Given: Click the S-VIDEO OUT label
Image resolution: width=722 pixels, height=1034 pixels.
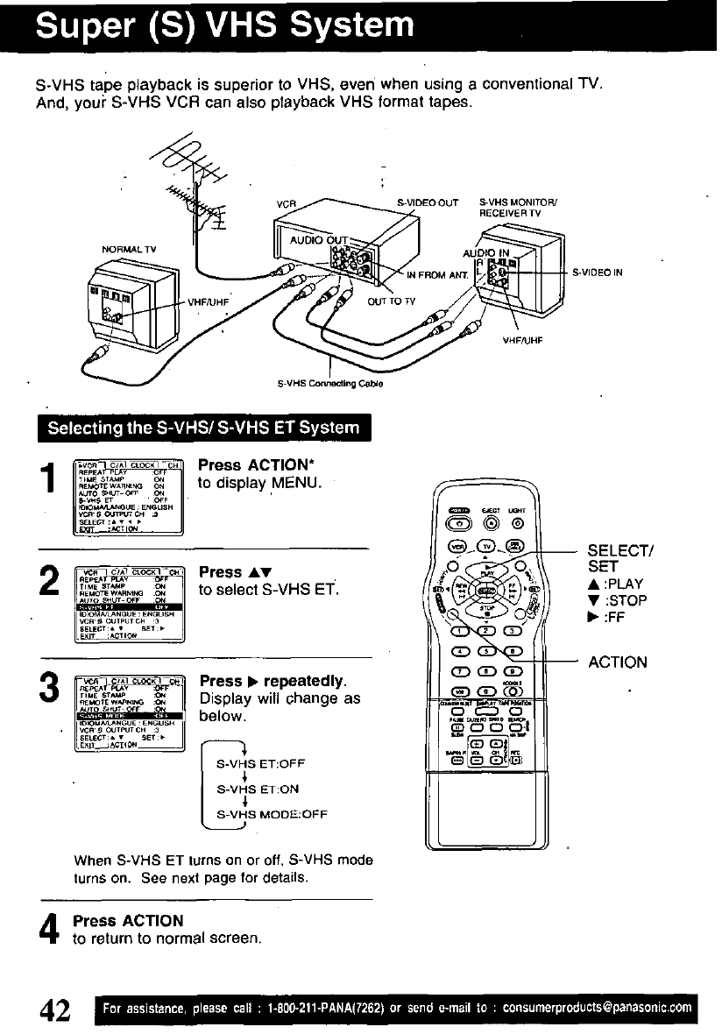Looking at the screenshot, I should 428,203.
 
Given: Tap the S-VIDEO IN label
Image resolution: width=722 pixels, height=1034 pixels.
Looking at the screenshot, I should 597,273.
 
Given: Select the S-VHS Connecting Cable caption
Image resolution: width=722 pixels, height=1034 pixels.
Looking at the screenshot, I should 330,382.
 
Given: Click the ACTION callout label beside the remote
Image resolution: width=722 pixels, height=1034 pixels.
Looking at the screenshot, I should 617,662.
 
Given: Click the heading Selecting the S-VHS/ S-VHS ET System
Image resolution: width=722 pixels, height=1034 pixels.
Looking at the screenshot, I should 203,428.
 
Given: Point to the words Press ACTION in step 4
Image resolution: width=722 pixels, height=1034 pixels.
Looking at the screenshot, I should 128,920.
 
